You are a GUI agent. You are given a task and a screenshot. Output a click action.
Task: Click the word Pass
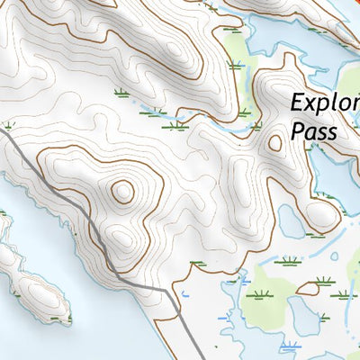pyautogui.click(x=314, y=132)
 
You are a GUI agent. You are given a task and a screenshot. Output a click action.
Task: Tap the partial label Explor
pyautogui.click(x=324, y=103)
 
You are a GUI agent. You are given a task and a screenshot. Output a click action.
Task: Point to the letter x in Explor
pyautogui.click(x=312, y=103)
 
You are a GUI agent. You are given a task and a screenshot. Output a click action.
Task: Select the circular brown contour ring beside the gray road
pyautogui.click(x=121, y=191)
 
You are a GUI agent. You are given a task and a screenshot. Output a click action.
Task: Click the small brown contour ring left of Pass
pyautogui.click(x=275, y=142)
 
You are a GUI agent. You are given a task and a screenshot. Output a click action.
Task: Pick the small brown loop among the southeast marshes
pyautogui.click(x=309, y=288)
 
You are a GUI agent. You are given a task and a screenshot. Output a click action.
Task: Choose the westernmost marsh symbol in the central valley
pyautogui.click(x=121, y=92)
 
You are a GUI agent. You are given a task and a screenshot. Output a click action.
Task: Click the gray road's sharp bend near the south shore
pyautogui.click(x=170, y=292)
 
